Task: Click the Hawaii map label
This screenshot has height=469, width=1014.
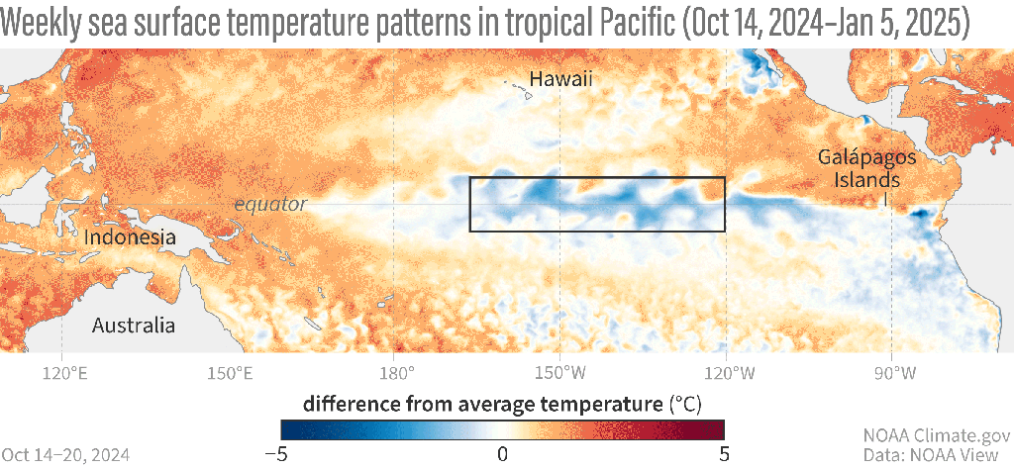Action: (559, 79)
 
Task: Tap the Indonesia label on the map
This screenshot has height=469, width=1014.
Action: (130, 237)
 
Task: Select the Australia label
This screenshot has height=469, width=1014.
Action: (133, 326)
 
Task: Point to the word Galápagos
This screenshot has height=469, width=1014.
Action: (860, 158)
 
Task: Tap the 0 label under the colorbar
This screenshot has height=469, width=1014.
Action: (502, 453)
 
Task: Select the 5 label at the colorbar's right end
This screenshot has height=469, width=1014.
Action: (724, 453)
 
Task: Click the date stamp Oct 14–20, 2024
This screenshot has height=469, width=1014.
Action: (64, 454)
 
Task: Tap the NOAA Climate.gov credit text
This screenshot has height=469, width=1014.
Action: (936, 434)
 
